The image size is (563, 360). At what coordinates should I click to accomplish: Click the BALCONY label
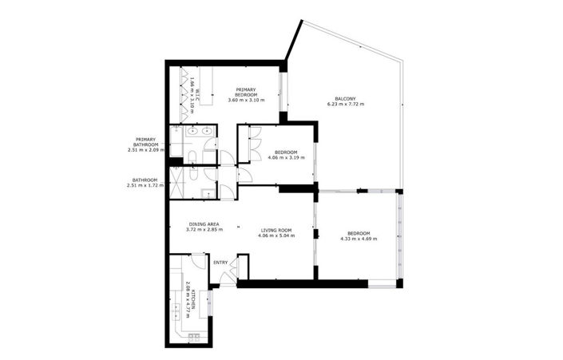pos(344,99)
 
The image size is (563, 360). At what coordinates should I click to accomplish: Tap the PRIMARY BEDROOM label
pos(245,91)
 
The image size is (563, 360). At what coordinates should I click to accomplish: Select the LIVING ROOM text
pos(276,230)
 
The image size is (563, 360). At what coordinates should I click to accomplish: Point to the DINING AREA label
pos(204,224)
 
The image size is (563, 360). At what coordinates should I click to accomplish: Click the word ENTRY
pos(220,262)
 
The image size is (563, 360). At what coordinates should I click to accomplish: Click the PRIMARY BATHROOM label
pos(145,141)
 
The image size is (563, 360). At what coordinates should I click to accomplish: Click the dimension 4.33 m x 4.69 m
pos(360,238)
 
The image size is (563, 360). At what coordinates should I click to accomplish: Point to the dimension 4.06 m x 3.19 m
pos(285,158)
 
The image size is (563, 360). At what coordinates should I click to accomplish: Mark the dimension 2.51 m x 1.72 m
pos(145,185)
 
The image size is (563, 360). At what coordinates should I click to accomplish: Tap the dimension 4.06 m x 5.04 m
pos(276,235)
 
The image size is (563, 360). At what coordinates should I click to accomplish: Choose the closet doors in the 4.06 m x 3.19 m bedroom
pos(252,144)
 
